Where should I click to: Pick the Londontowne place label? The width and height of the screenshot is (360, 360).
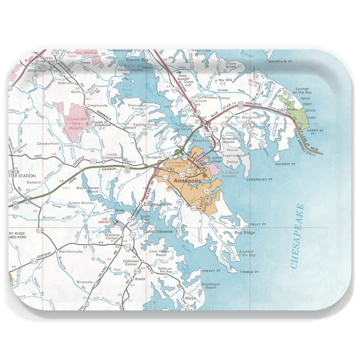click(x=157, y=231)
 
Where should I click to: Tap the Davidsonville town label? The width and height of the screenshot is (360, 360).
click(x=71, y=251)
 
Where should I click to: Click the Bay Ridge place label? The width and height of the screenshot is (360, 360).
click(x=245, y=232)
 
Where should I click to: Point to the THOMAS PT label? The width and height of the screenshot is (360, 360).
click(x=249, y=272)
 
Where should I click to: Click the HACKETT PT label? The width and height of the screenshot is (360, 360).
click(x=285, y=164)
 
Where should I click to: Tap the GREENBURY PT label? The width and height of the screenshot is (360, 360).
click(x=259, y=179)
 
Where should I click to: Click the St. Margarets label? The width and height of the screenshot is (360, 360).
click(x=248, y=117)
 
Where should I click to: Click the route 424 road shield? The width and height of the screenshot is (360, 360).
click(x=40, y=230)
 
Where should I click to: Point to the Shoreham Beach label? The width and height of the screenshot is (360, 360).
click(x=211, y=285)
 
